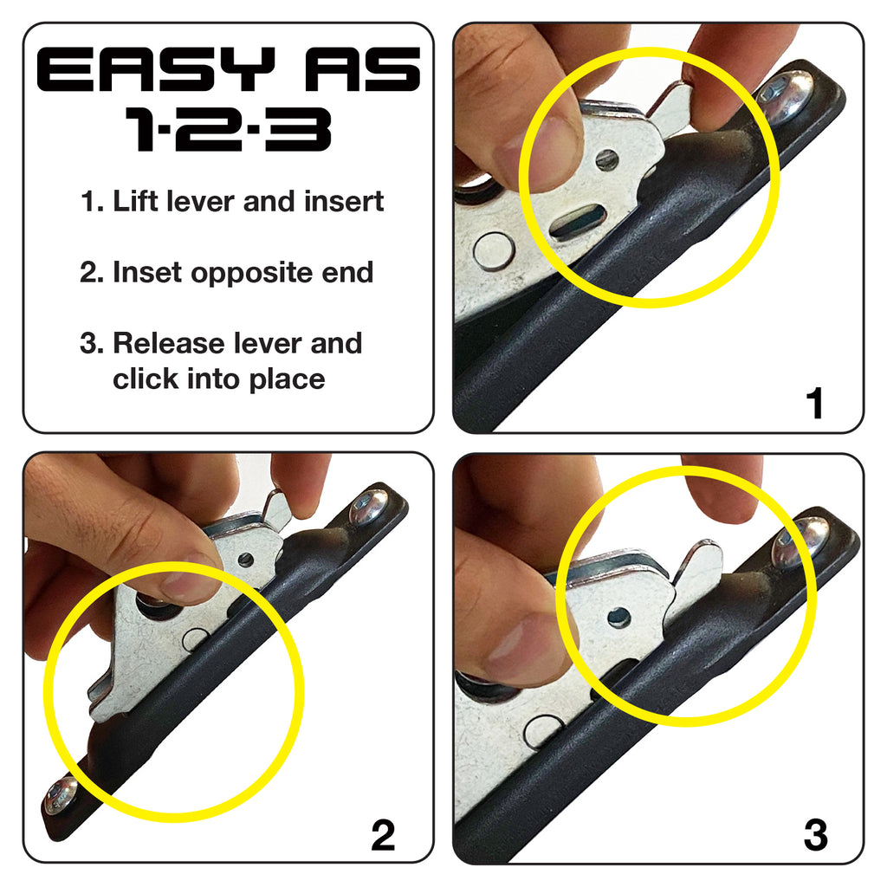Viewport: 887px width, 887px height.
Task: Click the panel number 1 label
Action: pyautogui.click(x=814, y=405)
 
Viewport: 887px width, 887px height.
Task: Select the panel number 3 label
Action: pyautogui.click(x=814, y=835)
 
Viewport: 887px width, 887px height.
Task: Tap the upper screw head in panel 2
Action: pyautogui.click(x=370, y=508)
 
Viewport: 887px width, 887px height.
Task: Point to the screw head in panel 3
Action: pyautogui.click(x=800, y=541)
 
